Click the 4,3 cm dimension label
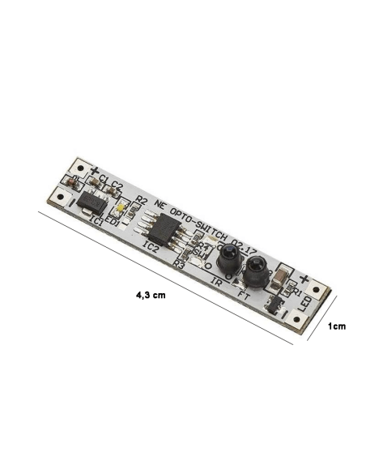point(151,296)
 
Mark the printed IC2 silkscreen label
point(150,244)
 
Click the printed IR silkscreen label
point(216,281)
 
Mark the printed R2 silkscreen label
point(142,200)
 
